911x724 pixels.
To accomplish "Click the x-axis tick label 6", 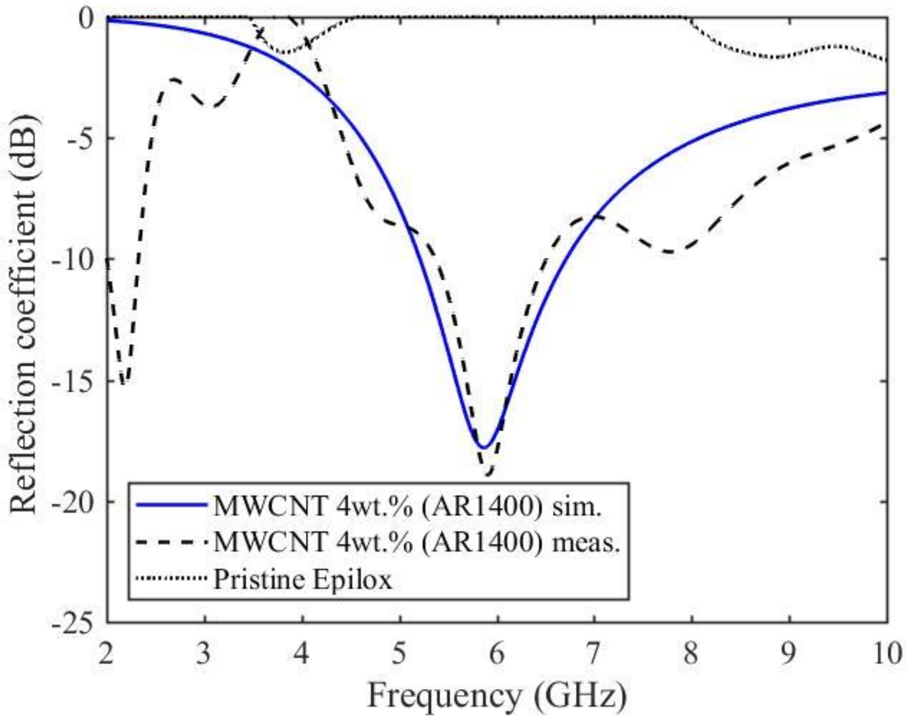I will [497, 654].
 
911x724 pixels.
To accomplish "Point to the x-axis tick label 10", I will [887, 654].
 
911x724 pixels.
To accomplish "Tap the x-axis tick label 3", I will [204, 654].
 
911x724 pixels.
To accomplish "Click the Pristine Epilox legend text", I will [303, 579].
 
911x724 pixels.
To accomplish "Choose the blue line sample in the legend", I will [171, 505].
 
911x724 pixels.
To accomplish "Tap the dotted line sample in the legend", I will [171, 577].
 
